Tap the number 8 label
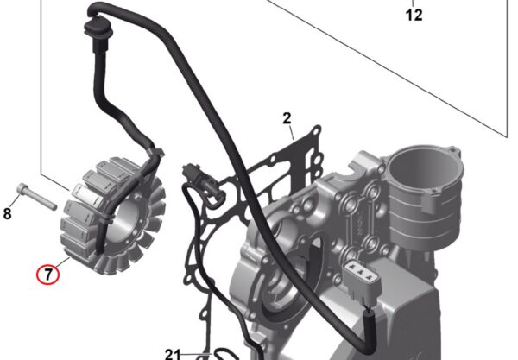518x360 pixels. tap(8, 212)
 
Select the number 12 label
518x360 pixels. tap(414, 16)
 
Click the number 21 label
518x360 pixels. tap(173, 354)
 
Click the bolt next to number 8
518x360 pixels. tap(35, 198)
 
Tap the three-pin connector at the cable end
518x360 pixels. tap(362, 275)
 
